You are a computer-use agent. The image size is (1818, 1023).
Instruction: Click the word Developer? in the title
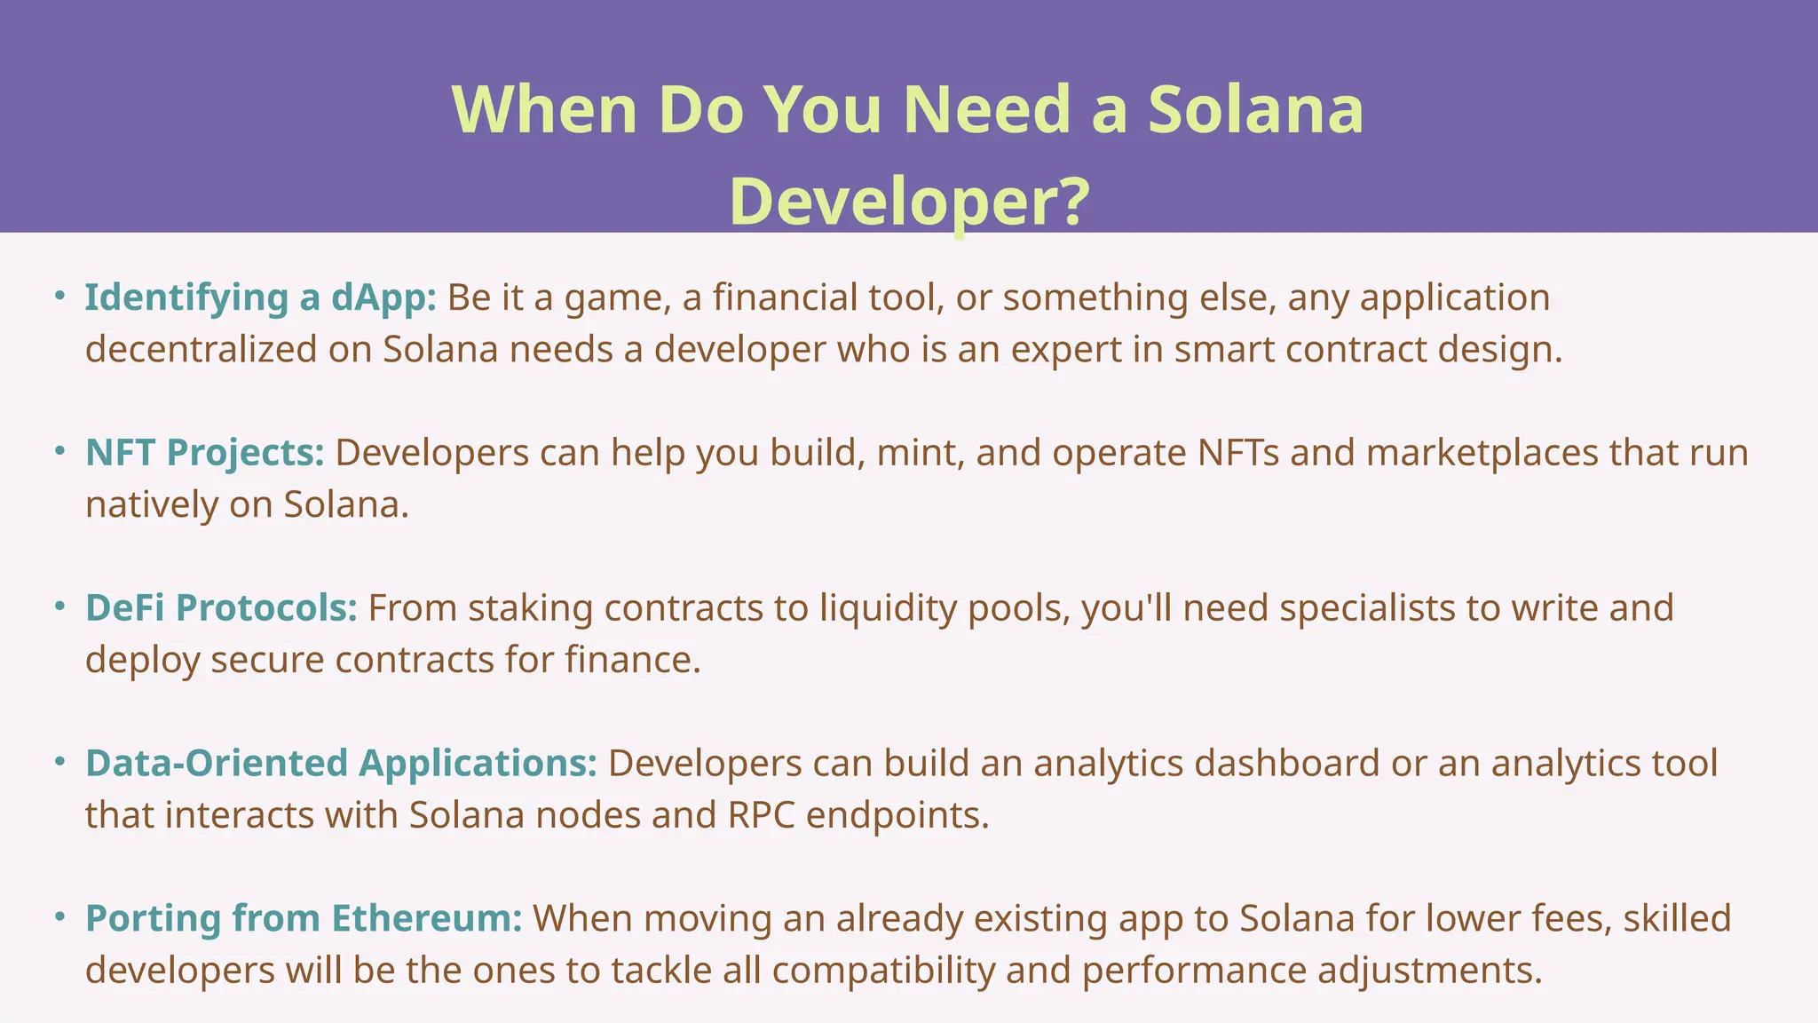tap(909, 202)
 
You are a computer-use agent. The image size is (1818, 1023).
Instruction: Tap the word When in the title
tap(544, 110)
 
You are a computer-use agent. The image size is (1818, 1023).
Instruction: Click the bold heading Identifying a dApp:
tap(260, 297)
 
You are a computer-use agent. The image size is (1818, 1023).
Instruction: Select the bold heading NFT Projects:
tap(205, 453)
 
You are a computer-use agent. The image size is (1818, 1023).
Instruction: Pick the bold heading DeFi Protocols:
tap(221, 608)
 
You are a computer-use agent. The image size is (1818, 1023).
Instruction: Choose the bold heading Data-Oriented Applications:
tap(341, 764)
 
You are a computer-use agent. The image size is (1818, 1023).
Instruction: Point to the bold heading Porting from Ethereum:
tap(304, 918)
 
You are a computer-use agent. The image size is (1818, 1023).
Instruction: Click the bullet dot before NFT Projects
tap(59, 451)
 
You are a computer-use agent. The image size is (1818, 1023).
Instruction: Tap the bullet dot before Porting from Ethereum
tap(59, 916)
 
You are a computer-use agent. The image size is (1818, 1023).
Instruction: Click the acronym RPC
tap(761, 815)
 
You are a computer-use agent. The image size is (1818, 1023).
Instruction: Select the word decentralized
tap(202, 349)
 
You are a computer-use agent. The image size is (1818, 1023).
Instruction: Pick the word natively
tap(152, 505)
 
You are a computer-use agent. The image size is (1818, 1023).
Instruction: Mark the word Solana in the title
tap(1255, 110)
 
